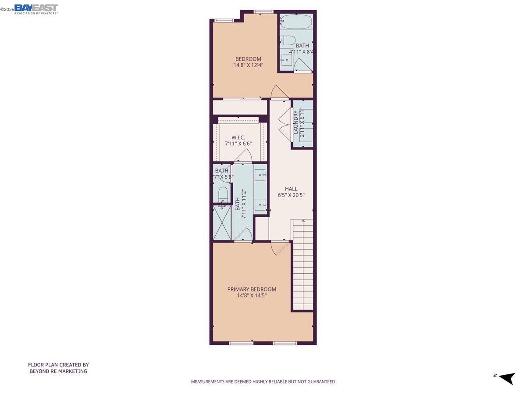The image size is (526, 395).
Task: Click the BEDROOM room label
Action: pos(248,59)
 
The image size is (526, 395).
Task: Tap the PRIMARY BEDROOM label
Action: pos(252,289)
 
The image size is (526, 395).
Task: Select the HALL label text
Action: pos(291,189)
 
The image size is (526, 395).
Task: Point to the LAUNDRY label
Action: pos(296,123)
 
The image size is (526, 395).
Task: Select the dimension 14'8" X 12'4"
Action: pos(248,65)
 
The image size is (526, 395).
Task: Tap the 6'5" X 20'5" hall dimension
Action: pos(291,195)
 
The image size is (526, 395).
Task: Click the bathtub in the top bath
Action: pos(296,22)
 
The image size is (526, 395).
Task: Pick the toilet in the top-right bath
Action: pos(288,40)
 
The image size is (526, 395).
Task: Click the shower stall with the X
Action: pos(222,223)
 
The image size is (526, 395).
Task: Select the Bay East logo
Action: pos(36,9)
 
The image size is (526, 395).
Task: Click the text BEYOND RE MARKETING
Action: pos(58,371)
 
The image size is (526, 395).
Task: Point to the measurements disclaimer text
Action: pos(263,382)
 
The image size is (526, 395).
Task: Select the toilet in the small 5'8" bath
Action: pos(223,194)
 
